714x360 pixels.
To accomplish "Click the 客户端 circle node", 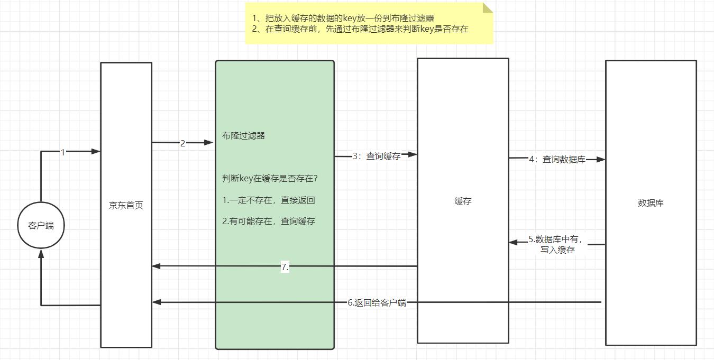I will pos(41,226).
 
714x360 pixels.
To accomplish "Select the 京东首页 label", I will pos(126,206).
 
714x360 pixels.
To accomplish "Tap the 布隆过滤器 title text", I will pos(243,136).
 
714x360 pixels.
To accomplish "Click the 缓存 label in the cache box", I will pos(463,201).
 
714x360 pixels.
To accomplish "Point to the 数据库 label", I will pos(651,202).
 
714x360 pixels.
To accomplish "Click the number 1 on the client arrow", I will pos(62,152).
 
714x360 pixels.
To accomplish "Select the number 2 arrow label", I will pos(182,143).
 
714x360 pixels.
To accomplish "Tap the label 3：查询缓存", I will pos(377,156).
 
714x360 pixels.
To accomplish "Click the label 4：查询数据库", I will pos(557,159).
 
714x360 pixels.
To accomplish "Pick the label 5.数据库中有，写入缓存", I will pos(557,244).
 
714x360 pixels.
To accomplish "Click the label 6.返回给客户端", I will pos(377,303).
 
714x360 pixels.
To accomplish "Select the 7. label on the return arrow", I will pos(285,267).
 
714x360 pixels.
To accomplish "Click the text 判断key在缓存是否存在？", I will pos(270,179).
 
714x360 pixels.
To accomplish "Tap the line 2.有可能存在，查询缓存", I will pos(269,221).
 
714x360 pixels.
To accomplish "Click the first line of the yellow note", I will pos(343,19).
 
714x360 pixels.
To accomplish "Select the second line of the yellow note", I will pos(360,29).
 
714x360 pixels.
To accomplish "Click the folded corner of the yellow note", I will pos(487,8).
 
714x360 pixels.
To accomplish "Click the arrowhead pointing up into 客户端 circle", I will pos(41,254).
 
